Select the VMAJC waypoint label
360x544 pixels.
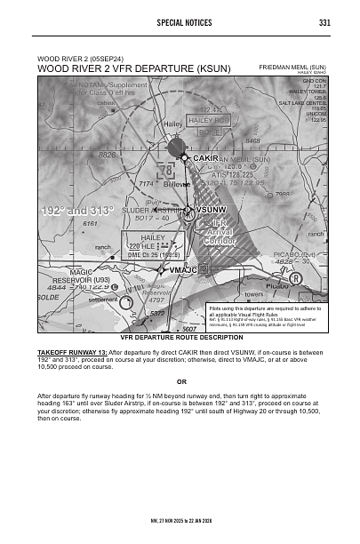click(182, 269)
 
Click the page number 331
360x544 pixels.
click(324, 22)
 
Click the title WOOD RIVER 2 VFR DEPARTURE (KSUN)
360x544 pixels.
click(133, 68)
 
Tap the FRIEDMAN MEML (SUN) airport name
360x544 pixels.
click(292, 67)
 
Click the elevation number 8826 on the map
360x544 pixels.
click(108, 155)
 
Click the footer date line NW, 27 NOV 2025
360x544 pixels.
click(180, 517)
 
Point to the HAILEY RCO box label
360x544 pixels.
click(210, 119)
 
